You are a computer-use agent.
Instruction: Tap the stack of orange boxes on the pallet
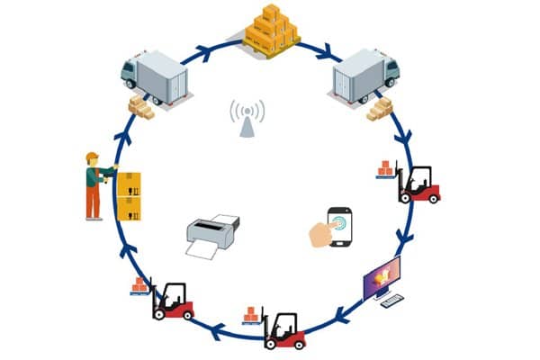[271, 27]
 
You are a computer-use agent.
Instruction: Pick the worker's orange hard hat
[91, 157]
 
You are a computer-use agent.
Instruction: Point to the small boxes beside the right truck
[380, 109]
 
